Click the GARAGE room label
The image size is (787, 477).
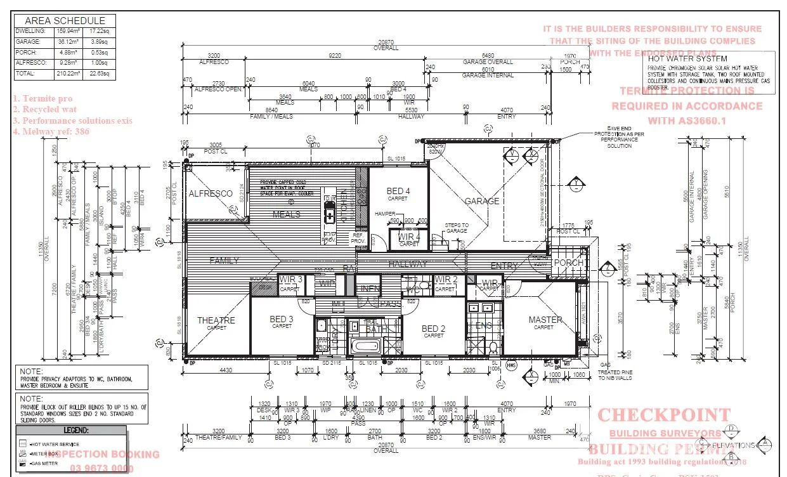(x=482, y=201)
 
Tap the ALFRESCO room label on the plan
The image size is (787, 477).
(x=211, y=193)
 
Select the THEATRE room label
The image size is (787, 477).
(x=216, y=320)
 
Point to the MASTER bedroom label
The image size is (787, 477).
(x=545, y=320)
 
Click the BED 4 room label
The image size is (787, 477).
(x=398, y=191)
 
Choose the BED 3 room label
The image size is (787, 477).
(x=282, y=319)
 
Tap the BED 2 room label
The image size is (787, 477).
(x=434, y=328)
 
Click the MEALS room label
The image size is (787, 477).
(x=287, y=214)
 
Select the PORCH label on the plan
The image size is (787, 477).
(x=568, y=263)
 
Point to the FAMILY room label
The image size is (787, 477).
(x=224, y=260)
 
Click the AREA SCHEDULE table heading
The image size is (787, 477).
(x=65, y=20)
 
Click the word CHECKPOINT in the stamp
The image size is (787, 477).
(x=664, y=415)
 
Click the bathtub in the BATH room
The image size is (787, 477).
(x=365, y=347)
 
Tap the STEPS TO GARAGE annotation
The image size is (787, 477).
(x=457, y=228)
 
